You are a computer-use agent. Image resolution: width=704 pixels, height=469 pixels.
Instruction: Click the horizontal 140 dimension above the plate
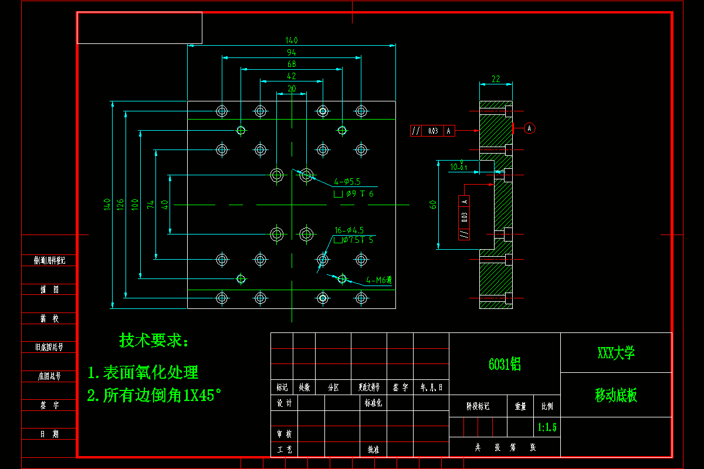pos(292,40)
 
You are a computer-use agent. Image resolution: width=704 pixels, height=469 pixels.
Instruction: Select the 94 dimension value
pos(292,53)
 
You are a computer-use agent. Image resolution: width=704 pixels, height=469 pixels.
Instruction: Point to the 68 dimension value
pos(292,64)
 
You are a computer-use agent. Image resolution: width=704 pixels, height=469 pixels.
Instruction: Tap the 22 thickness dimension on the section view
pos(496,79)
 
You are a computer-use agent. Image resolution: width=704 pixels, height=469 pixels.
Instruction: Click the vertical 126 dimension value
pos(120,204)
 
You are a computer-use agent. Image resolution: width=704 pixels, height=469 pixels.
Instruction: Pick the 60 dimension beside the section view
pos(433,205)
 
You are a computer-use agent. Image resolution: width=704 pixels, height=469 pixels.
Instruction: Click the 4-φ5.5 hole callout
pos(347,182)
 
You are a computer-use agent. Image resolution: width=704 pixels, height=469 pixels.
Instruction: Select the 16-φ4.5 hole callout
pos(349,230)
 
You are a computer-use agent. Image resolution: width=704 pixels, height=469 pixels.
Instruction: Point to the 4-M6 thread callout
pos(378,280)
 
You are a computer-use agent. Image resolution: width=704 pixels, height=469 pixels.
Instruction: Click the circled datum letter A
pos(529,128)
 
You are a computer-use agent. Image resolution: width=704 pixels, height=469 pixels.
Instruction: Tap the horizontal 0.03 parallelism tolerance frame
pos(432,131)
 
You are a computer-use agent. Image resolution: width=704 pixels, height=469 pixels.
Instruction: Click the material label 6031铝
pos(505,364)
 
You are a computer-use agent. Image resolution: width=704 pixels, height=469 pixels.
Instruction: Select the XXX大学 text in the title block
pos(616,353)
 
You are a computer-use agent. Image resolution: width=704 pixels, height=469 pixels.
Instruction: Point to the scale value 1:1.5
pos(547,427)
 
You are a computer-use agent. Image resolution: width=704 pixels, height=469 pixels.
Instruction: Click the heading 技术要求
pos(154,340)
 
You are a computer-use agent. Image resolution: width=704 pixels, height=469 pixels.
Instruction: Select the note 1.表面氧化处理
pos(143,372)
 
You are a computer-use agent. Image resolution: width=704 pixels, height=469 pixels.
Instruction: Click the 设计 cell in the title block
pos(284,403)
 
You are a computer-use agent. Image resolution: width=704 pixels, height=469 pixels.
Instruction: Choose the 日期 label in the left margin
pos(49,434)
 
